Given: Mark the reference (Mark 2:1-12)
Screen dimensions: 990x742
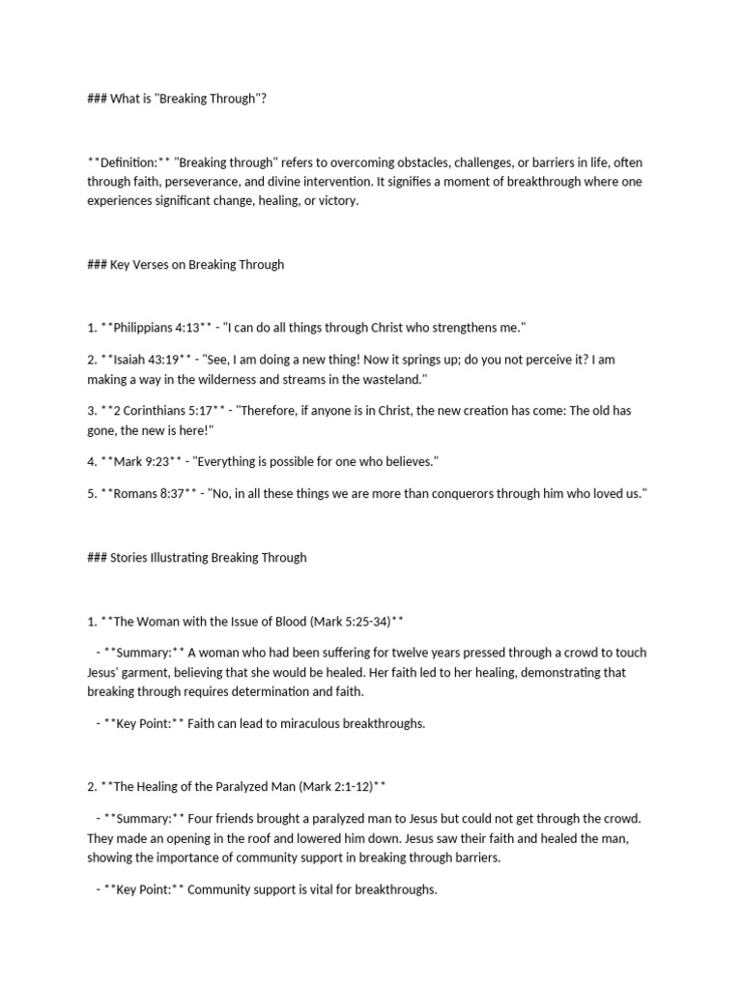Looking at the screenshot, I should (329, 787).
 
